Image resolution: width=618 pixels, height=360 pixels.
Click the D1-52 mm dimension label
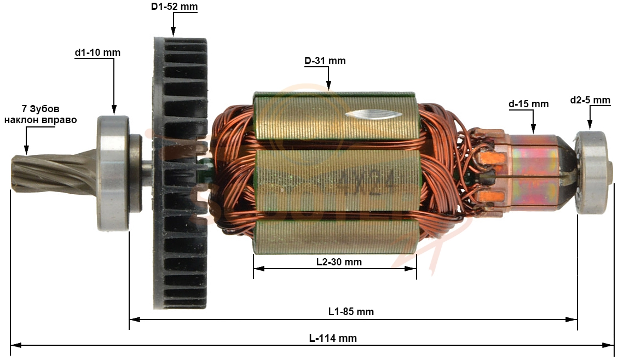point(174,7)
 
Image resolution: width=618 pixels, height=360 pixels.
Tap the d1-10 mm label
point(97,53)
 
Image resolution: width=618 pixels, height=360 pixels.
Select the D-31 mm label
point(325,61)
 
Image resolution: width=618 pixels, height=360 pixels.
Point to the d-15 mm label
point(529,104)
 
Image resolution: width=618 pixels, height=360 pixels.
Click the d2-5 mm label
point(590,100)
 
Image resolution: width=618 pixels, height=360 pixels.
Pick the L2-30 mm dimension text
point(339,262)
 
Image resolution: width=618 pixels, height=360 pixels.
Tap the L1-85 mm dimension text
point(351,311)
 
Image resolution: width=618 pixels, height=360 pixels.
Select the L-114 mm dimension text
point(333,338)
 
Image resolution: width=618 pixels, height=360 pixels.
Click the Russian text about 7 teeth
point(41,114)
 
